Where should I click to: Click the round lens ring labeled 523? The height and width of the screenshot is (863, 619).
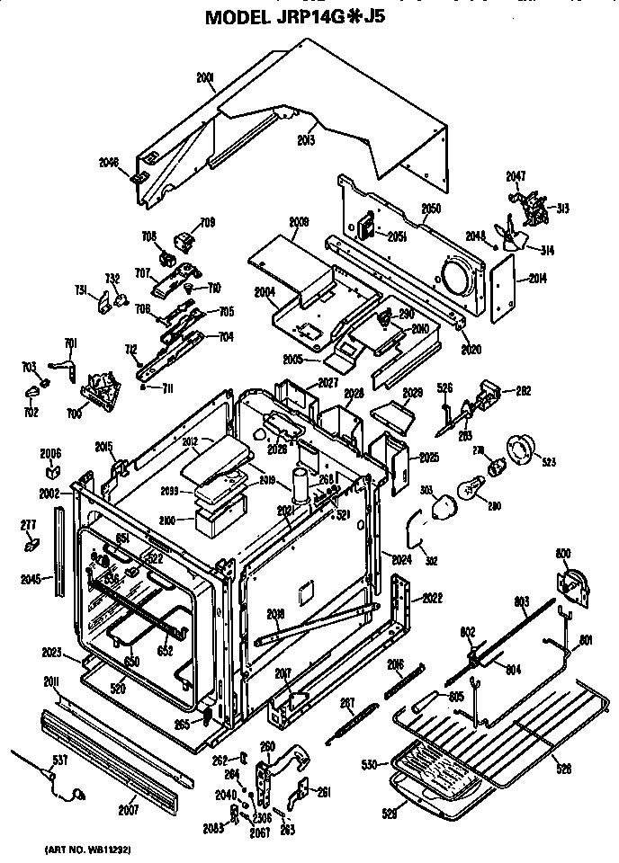click(x=521, y=449)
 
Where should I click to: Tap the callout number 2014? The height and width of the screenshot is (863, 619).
click(x=537, y=279)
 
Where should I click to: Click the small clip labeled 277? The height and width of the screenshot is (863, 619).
click(x=32, y=544)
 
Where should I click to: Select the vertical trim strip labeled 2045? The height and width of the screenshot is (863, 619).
click(x=60, y=548)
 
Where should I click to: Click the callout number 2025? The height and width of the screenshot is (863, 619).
click(x=429, y=458)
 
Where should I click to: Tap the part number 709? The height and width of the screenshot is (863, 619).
click(x=207, y=222)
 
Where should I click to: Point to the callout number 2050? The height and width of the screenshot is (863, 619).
click(x=430, y=208)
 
